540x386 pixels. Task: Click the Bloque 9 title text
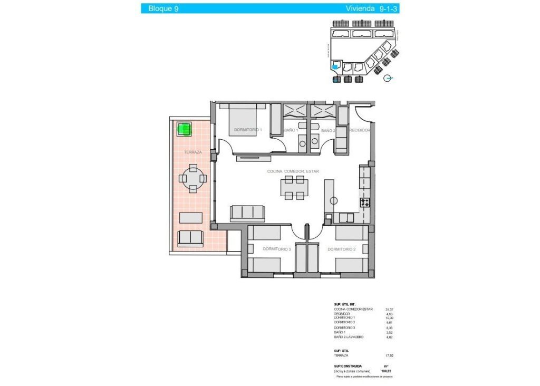click(163, 8)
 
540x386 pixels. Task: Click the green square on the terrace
click(184, 128)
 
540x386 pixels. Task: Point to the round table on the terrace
click(194, 179)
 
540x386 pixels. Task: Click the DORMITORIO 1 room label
click(248, 130)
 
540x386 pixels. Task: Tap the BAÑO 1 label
click(291, 130)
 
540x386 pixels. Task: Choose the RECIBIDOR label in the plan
click(360, 130)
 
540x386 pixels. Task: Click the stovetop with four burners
click(364, 202)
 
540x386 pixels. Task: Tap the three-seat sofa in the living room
click(247, 212)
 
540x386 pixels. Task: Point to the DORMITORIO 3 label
click(277, 249)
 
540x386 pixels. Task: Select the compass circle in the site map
click(388, 79)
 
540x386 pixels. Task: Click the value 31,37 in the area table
click(390, 310)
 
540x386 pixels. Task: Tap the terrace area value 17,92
click(390, 355)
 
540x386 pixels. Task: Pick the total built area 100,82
click(389, 371)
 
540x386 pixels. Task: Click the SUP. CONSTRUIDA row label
click(348, 365)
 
